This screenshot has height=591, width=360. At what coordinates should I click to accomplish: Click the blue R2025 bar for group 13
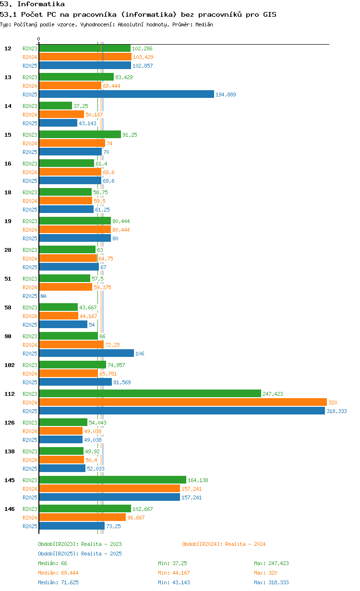[126, 94]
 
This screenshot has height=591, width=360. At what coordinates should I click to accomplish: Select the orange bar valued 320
[183, 402]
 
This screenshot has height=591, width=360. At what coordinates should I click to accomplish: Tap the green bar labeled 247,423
[150, 393]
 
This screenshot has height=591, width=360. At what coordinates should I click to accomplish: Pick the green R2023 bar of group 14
[55, 106]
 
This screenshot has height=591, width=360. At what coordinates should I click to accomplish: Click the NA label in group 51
[43, 296]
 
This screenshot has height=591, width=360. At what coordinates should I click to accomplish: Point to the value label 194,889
[226, 95]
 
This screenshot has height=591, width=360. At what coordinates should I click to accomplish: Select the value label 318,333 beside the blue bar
[336, 411]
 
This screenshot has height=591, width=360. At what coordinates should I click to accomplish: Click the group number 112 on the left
[10, 394]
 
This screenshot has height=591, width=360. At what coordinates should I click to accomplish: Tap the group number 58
[8, 307]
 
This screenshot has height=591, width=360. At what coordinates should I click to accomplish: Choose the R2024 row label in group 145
[30, 489]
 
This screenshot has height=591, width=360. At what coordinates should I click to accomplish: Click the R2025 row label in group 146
[30, 526]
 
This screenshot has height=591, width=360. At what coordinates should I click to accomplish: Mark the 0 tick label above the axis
[38, 39]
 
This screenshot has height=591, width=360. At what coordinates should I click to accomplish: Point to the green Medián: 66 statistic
[52, 563]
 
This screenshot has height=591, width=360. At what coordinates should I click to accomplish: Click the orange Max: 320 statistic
[265, 573]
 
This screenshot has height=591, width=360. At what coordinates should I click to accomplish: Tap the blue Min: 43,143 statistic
[174, 582]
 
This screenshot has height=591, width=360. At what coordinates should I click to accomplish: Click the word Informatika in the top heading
[41, 4]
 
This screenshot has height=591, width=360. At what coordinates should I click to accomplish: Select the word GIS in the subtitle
[270, 14]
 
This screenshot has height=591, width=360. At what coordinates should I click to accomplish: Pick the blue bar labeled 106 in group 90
[86, 353]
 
